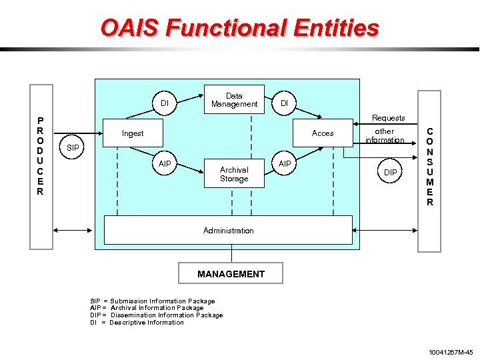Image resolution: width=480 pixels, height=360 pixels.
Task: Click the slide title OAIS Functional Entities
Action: [x=240, y=28]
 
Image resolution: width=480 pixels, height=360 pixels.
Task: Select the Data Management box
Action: [x=234, y=100]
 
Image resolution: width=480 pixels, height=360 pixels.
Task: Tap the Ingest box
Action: [x=133, y=133]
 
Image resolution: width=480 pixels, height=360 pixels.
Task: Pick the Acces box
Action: [x=323, y=133]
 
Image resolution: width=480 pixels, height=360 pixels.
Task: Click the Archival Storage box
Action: [x=234, y=174]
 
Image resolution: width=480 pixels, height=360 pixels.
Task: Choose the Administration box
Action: [x=228, y=230]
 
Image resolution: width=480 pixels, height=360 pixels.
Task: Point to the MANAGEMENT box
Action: [x=231, y=274]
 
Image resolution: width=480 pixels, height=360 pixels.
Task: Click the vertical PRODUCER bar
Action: [x=41, y=166]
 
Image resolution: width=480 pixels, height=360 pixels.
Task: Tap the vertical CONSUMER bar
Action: [x=429, y=167]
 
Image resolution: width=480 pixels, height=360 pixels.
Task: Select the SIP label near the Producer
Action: [x=73, y=147]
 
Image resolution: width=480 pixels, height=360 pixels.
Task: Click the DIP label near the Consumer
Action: [x=391, y=173]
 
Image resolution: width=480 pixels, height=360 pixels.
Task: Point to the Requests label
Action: [x=388, y=118]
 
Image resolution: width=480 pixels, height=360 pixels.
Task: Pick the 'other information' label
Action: [x=385, y=136]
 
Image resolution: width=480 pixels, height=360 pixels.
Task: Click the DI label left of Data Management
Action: [x=165, y=103]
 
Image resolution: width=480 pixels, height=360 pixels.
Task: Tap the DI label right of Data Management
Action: [x=285, y=103]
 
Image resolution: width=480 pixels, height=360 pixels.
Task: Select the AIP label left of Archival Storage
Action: [x=165, y=164]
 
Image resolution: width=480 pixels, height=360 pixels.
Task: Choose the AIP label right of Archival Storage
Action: [x=285, y=164]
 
